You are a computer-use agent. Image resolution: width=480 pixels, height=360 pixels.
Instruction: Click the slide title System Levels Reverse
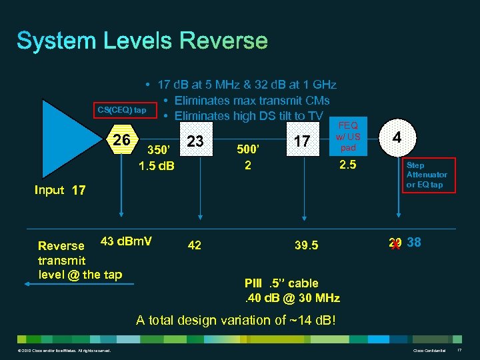142,41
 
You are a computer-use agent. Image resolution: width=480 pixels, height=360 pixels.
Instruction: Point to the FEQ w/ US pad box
349,136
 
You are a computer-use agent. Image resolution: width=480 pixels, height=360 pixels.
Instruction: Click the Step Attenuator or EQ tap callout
427,175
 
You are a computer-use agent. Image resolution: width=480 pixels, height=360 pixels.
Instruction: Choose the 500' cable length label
247,149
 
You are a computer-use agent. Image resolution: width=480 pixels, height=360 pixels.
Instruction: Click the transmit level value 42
195,245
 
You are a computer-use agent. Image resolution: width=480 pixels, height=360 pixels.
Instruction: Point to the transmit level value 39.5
306,245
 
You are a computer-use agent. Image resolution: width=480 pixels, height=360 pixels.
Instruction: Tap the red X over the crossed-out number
395,244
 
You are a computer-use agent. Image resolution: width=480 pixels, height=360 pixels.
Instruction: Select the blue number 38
413,243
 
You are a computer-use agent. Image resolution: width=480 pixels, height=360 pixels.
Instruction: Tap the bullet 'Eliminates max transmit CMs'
251,101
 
